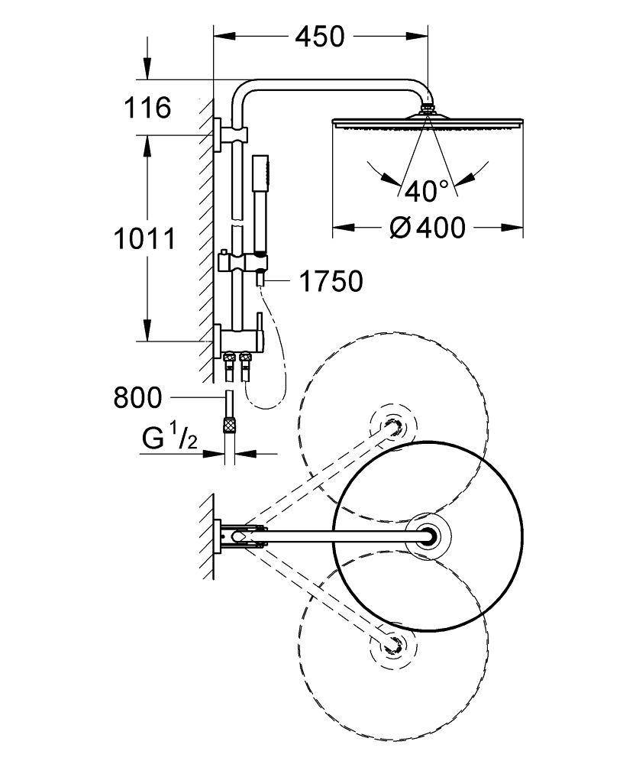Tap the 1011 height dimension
pyautogui.click(x=144, y=238)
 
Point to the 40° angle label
pyautogui.click(x=427, y=190)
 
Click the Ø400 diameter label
pyautogui.click(x=428, y=227)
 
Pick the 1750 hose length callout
pyautogui.click(x=330, y=282)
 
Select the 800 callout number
pyautogui.click(x=137, y=397)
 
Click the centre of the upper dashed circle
pyautogui.click(x=392, y=426)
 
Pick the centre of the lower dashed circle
pyautogui.click(x=392, y=646)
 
